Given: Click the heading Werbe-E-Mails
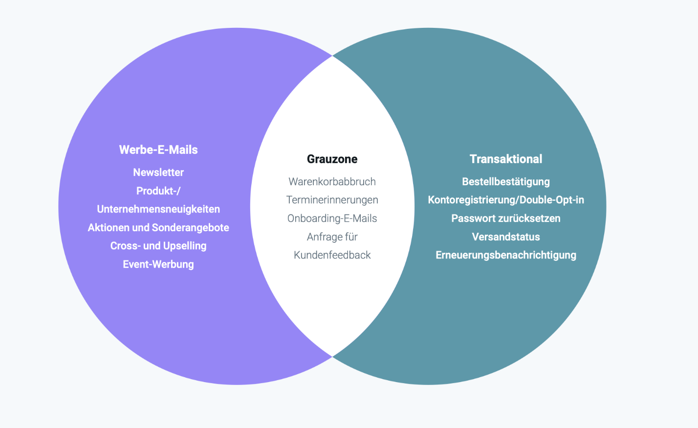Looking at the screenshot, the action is (158, 150).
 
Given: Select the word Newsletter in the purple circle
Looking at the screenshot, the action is (158, 172).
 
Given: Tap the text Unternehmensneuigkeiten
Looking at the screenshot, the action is (158, 209).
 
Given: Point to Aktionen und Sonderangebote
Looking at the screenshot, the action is (158, 227).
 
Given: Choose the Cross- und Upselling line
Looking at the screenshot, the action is (158, 246).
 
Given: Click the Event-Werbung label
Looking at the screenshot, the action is (158, 264).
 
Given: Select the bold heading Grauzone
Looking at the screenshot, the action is (332, 159).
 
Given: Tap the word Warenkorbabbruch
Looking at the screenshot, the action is (332, 182).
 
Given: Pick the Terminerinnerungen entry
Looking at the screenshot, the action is (332, 200).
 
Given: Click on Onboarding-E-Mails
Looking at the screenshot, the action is (332, 218).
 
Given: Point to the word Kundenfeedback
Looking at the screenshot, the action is (332, 255).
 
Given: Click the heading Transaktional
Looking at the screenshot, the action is (506, 159).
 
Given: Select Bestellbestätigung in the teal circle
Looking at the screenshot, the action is (506, 182).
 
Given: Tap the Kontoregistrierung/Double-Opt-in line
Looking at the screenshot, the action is (506, 200).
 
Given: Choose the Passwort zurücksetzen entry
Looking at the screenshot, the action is (506, 218).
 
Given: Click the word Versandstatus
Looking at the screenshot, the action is (506, 237).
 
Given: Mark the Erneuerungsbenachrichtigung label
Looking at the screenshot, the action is (506, 255).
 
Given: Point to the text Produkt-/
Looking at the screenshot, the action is (158, 191).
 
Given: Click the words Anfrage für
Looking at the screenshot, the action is (332, 237).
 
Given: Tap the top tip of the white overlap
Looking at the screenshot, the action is (332, 56).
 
